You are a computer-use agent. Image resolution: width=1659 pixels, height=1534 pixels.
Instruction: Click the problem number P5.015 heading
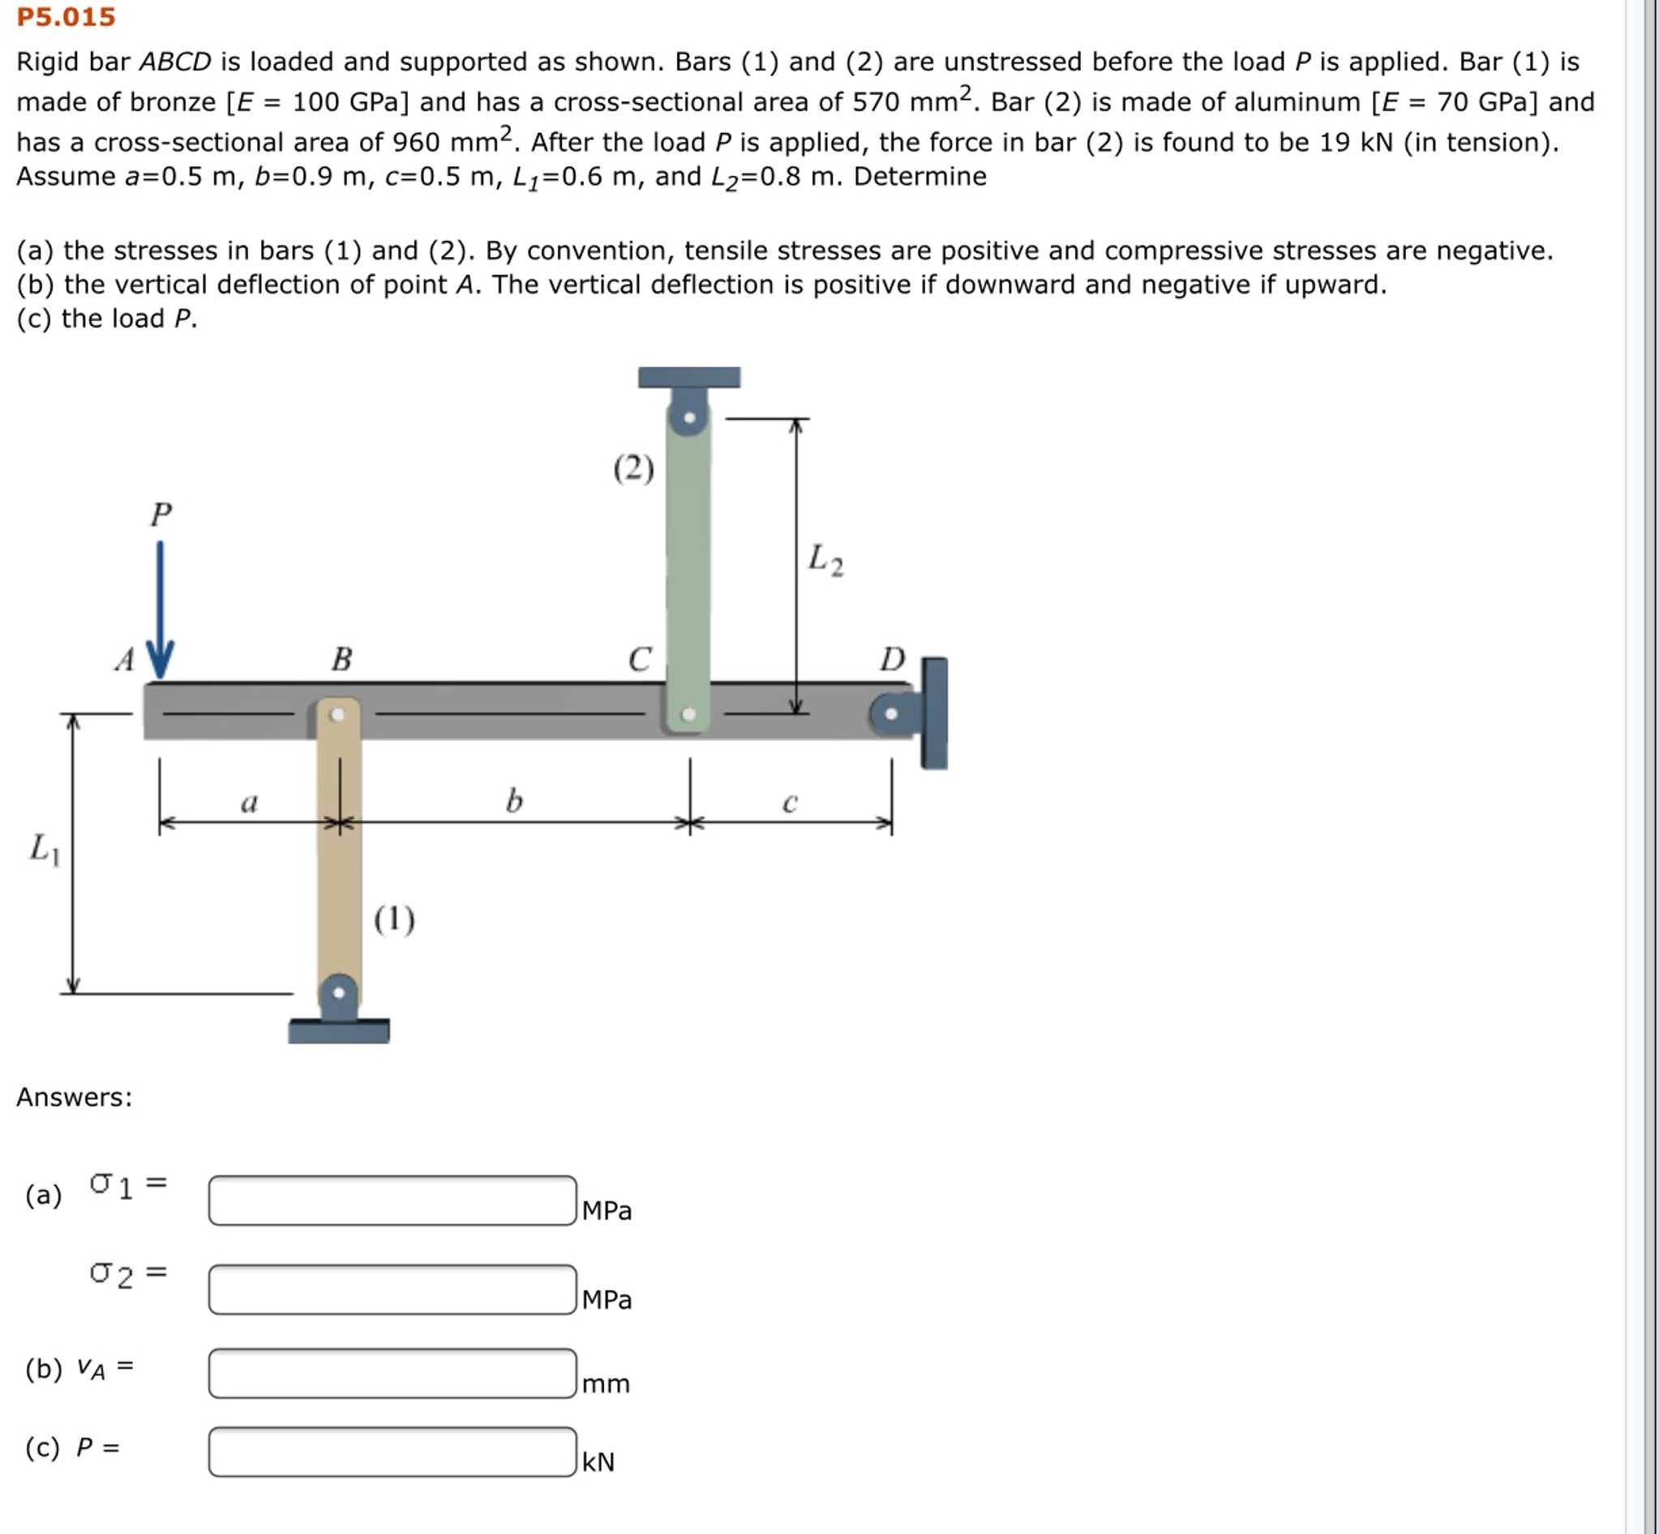tap(66, 16)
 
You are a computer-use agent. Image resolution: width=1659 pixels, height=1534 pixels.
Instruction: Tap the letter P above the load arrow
tap(161, 514)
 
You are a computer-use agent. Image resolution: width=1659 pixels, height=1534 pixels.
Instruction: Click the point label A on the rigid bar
tap(125, 660)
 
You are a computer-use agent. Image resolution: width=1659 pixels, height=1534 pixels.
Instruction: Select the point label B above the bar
tap(341, 659)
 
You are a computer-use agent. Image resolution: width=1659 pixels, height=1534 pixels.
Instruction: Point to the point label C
tap(639, 659)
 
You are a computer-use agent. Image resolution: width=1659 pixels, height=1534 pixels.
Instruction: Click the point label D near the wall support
tap(893, 659)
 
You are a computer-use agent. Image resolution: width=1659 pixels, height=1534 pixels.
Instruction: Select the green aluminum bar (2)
tap(688, 564)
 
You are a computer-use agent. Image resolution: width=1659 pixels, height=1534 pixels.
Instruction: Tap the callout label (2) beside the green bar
tap(633, 469)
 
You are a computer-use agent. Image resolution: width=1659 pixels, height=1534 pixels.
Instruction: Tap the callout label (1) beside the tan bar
tap(393, 919)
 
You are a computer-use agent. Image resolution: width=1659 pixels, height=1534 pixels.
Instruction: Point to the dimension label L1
tap(45, 848)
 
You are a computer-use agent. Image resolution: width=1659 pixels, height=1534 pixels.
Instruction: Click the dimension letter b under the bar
tap(514, 801)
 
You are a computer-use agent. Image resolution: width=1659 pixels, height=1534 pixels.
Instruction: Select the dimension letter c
tap(790, 803)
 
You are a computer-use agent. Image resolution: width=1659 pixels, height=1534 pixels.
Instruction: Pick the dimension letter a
tap(249, 803)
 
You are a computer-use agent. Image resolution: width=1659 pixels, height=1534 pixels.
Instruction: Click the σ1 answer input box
tap(392, 1199)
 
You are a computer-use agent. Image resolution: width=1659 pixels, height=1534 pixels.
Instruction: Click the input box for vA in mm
tap(392, 1373)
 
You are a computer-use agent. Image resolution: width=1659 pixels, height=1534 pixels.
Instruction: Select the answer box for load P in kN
tap(392, 1451)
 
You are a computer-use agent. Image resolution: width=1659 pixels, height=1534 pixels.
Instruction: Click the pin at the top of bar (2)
tap(688, 417)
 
